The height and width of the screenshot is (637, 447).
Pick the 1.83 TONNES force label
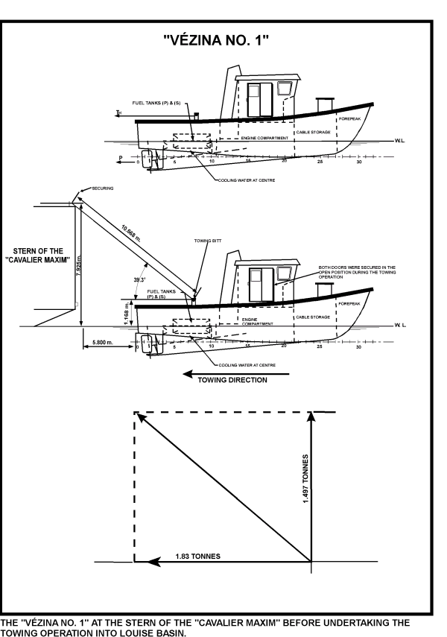point(197,556)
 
